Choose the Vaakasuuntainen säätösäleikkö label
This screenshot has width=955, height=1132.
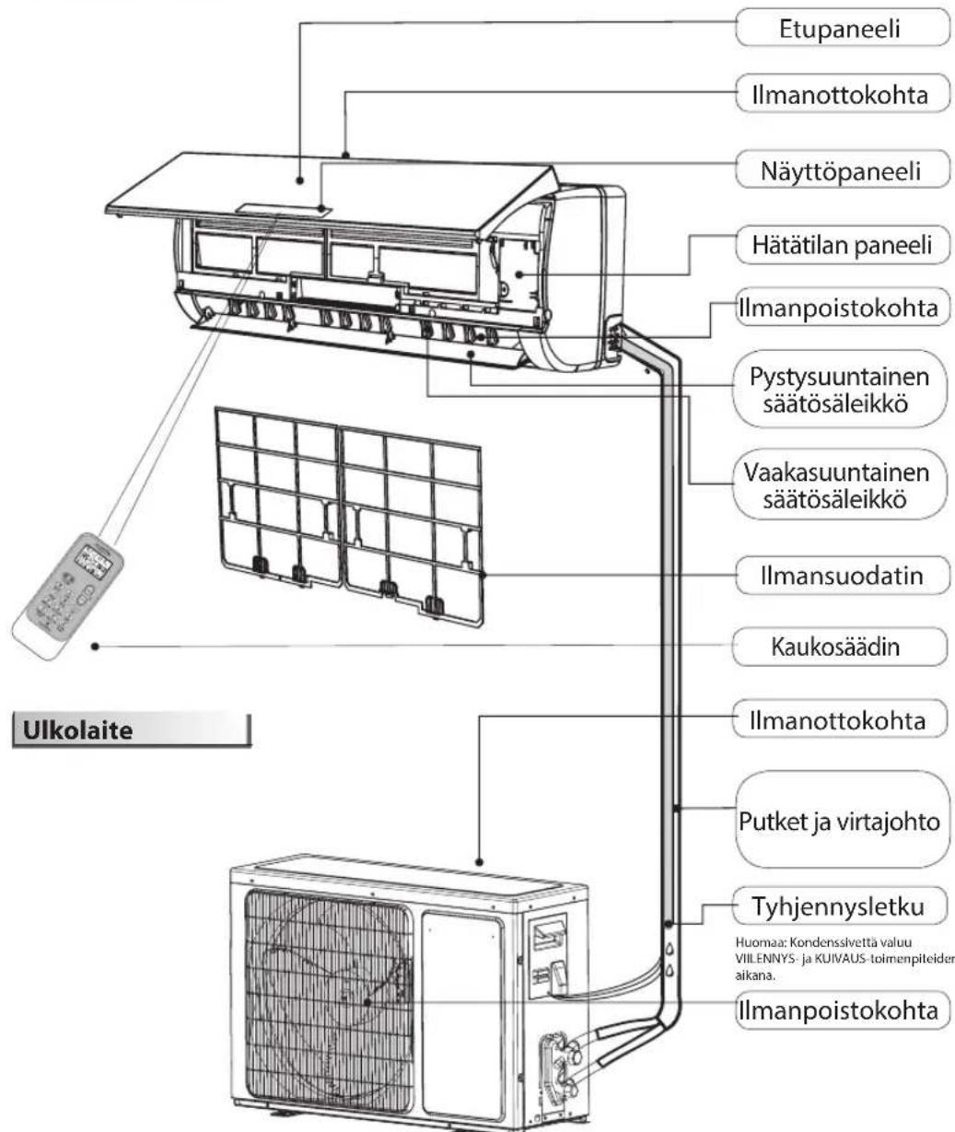click(x=842, y=485)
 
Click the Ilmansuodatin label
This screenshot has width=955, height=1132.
click(x=842, y=578)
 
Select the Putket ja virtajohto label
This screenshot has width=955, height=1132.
click(x=842, y=823)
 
